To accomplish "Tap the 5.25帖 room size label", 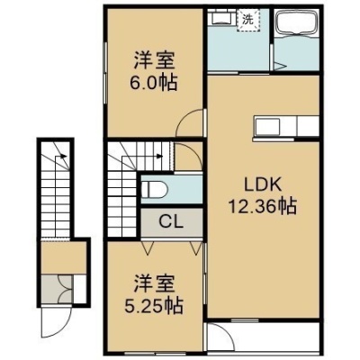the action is pos(153,306).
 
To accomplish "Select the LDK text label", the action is pos(263,185).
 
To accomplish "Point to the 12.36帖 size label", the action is pos(263,207).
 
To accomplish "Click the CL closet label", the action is pos(171,222).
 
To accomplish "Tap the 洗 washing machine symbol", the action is pos(247,21).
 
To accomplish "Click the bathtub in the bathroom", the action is pos(297,22).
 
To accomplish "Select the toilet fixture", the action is pos(154,190).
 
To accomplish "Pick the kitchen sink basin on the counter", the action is pos(267,126).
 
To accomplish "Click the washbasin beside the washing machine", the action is pos(222,17).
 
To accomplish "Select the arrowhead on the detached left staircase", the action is pos(63,156).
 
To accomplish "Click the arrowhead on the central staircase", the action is pos(160,156).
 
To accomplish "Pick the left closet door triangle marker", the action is pos(147,247).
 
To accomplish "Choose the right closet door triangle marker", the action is pos(195,247).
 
